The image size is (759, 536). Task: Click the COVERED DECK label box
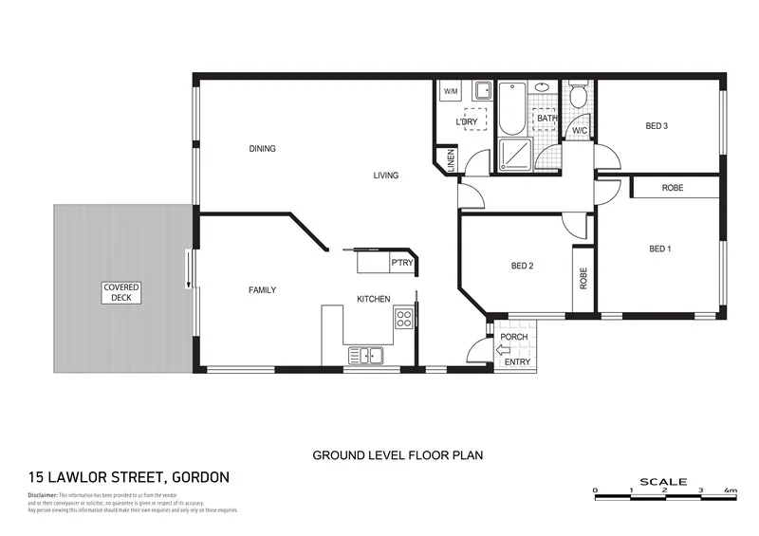[122, 292]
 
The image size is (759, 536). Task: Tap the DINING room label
[262, 149]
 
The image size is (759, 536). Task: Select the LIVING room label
[385, 176]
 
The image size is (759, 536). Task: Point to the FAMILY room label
[262, 290]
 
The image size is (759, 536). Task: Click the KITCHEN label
[373, 300]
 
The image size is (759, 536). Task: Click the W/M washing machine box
[451, 92]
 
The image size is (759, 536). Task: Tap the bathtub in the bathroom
[510, 110]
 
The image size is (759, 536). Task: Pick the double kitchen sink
[364, 356]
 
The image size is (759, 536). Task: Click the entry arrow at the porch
[503, 349]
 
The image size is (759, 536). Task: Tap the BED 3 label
[657, 126]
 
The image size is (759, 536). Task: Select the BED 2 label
[522, 267]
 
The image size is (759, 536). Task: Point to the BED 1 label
[660, 250]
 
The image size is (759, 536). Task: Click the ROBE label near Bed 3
[672, 188]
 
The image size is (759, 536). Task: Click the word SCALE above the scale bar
[663, 482]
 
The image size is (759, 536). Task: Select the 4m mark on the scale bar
[730, 490]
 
